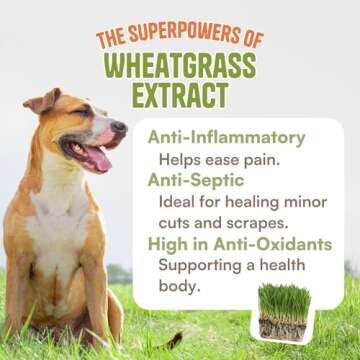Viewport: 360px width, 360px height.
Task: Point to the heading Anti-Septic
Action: point(187,181)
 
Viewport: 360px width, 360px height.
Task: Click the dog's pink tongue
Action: point(99,156)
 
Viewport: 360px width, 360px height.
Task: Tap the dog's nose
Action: point(121,128)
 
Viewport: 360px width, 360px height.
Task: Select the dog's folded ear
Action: point(42,103)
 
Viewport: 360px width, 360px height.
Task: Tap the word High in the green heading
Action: point(168,243)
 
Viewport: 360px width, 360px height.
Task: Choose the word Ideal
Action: point(180,201)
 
